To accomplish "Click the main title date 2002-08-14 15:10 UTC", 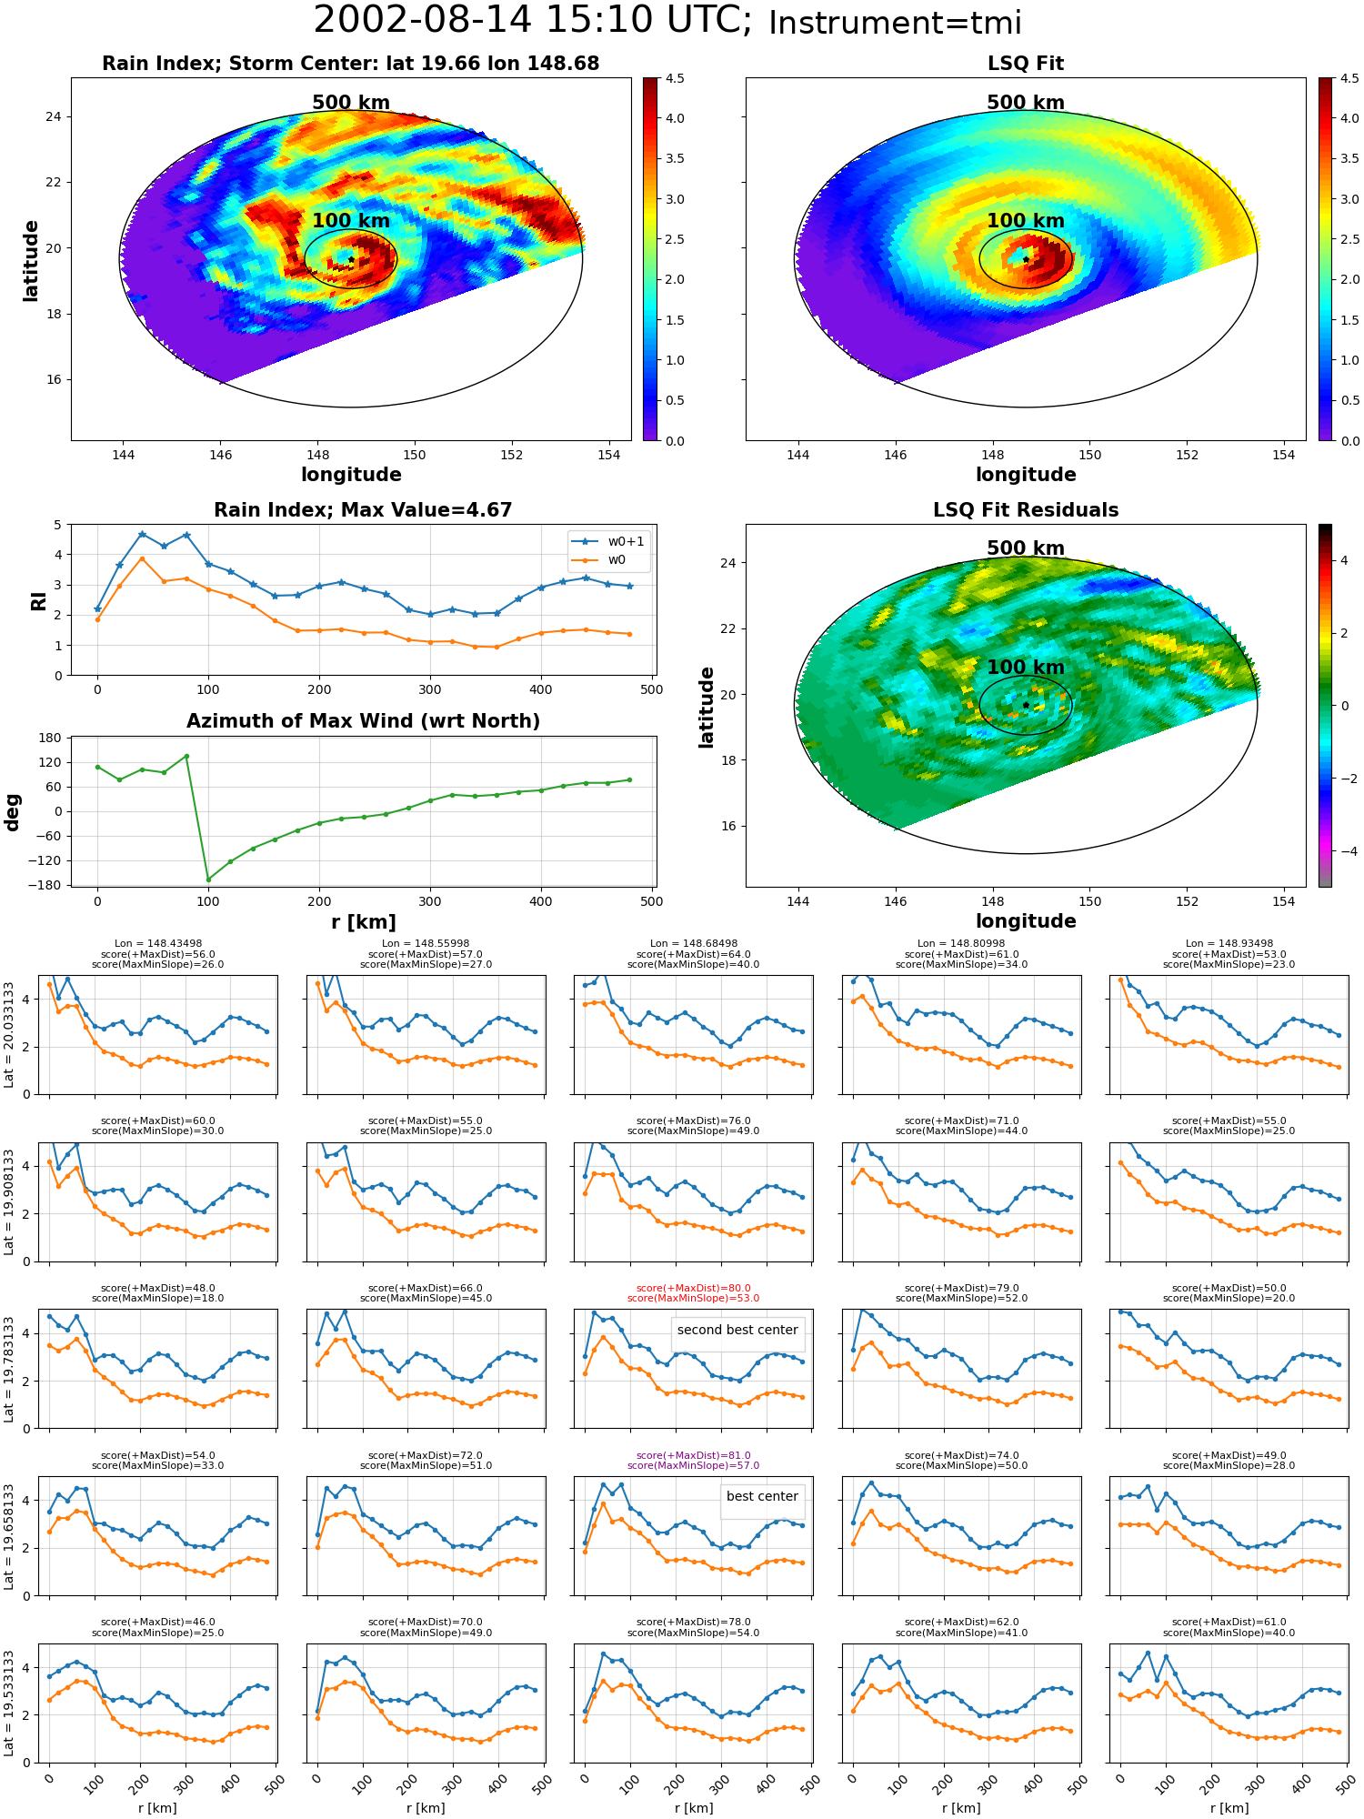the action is [533, 20].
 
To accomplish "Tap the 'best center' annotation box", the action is [762, 1496].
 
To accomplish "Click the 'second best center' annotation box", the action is [737, 1330].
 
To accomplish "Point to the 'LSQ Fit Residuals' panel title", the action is [1026, 510].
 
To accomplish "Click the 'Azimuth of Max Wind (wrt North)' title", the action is [363, 721].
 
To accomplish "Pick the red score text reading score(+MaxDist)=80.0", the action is [693, 1288].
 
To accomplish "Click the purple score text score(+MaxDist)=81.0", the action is [693, 1455].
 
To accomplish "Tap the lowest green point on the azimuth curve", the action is [208, 879].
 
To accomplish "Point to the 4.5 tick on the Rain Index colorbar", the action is [674, 78].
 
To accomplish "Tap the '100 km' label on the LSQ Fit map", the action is [1026, 221].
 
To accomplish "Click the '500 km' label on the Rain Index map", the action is [351, 103].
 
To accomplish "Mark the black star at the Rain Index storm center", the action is [351, 259].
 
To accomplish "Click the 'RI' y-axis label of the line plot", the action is [38, 600].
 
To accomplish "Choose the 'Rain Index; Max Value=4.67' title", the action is [363, 510].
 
